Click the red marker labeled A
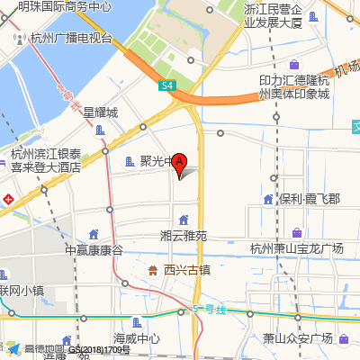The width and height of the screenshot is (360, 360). tap(179, 164)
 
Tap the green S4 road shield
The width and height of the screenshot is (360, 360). tap(168, 85)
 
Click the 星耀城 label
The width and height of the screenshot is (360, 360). tap(101, 112)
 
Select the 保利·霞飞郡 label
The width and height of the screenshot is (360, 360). tap(309, 199)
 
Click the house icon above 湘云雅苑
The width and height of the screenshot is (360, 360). tap(184, 220)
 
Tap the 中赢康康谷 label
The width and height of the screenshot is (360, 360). tap(94, 249)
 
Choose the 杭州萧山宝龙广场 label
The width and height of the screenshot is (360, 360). tap(297, 248)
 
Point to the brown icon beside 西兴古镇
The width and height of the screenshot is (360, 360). tap(152, 269)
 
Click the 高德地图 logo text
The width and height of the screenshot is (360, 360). tap(44, 349)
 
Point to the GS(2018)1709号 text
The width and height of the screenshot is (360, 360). tap(100, 349)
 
